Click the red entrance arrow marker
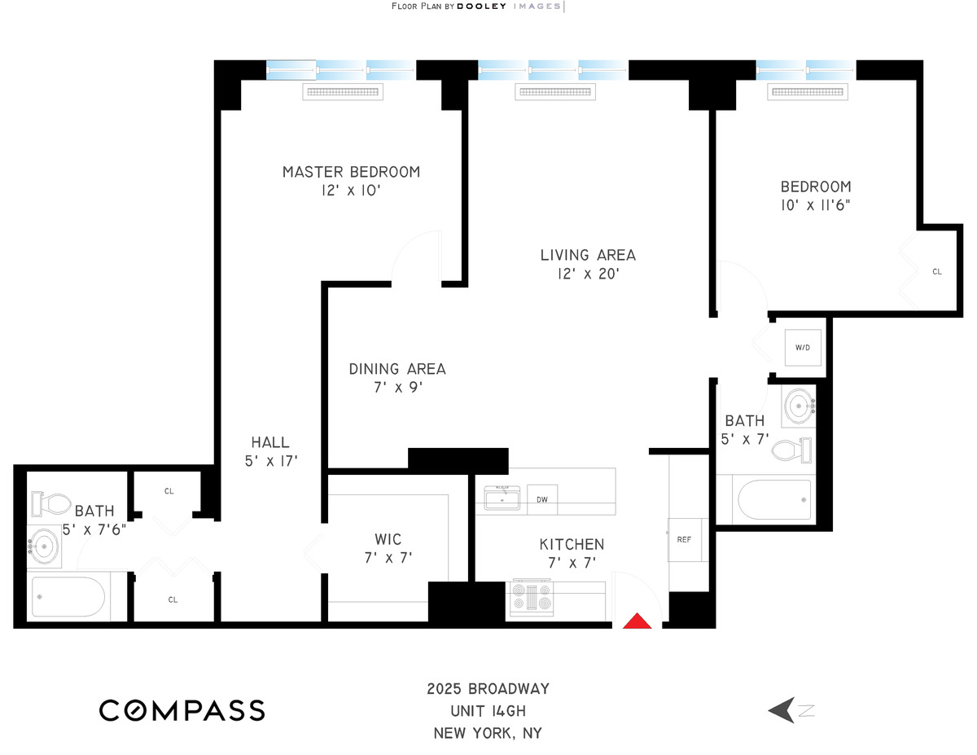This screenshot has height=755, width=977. (638, 621)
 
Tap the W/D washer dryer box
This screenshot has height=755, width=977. (803, 348)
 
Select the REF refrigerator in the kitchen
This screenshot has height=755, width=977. (684, 539)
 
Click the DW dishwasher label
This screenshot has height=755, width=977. (541, 499)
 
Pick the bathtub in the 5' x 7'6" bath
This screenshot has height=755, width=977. (68, 597)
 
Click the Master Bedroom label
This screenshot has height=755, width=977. (351, 172)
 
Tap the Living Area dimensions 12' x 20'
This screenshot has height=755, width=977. (588, 274)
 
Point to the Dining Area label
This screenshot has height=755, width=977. (397, 369)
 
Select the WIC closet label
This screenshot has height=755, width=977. (388, 539)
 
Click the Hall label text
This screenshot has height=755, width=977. (269, 442)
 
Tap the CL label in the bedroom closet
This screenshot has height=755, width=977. (936, 271)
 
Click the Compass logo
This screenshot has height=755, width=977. (182, 709)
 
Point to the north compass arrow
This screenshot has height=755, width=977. (782, 710)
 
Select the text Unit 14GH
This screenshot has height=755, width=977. (488, 710)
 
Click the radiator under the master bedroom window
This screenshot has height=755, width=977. (343, 92)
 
